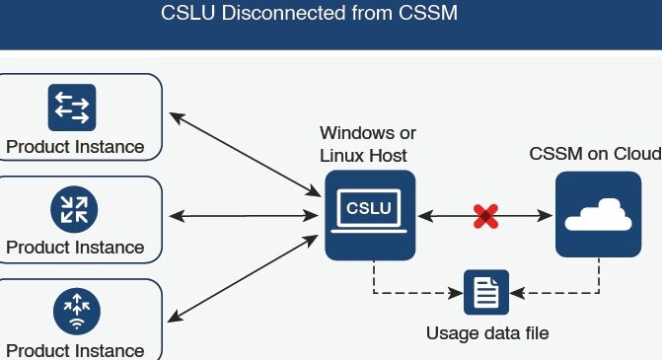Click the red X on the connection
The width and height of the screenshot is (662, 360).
pyautogui.click(x=486, y=216)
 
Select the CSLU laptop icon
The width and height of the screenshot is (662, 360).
pyautogui.click(x=370, y=215)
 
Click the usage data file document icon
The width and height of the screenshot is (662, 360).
pyautogui.click(x=486, y=292)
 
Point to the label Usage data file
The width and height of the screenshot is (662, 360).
pyautogui.click(x=487, y=333)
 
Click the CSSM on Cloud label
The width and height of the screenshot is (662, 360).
pyautogui.click(x=595, y=154)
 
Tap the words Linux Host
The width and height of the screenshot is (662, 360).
pyautogui.click(x=363, y=156)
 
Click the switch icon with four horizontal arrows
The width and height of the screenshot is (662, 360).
pyautogui.click(x=72, y=108)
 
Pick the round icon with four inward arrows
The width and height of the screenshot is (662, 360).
pyautogui.click(x=74, y=209)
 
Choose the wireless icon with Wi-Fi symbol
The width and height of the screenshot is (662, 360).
pyautogui.click(x=77, y=312)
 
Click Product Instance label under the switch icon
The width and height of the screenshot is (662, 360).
pyautogui.click(x=75, y=147)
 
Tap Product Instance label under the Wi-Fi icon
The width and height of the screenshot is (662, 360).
pyautogui.click(x=75, y=351)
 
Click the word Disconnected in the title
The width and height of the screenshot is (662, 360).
pyautogui.click(x=283, y=13)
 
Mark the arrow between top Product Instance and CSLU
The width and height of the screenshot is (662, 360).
pyautogui.click(x=245, y=155)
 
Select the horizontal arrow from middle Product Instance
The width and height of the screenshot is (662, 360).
pyautogui.click(x=244, y=216)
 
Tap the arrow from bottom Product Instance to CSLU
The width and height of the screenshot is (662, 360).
pyautogui.click(x=243, y=278)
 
